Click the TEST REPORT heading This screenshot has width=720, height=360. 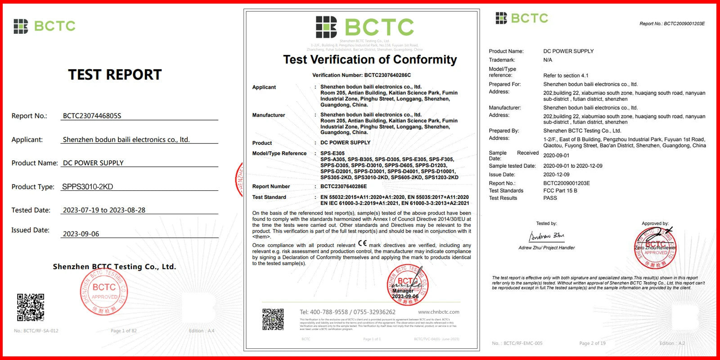[115, 75]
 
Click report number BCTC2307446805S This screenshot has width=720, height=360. [92, 116]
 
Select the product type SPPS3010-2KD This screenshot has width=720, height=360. [87, 187]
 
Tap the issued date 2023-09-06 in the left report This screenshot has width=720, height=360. [81, 234]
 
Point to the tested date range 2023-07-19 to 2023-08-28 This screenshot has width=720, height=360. [104, 210]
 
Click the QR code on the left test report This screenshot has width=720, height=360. [31, 307]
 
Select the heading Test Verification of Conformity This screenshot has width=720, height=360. [369, 60]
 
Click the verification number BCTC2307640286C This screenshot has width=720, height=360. [387, 75]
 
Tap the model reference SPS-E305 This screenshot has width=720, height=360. [333, 153]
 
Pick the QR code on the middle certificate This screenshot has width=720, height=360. [273, 319]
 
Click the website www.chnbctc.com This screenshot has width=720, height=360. [438, 312]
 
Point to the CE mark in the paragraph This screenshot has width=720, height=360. [362, 243]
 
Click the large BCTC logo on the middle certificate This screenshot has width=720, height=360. [364, 27]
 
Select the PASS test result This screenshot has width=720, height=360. [550, 198]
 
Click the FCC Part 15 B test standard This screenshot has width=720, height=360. [560, 191]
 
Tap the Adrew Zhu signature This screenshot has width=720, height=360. [546, 236]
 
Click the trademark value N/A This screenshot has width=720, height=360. [548, 60]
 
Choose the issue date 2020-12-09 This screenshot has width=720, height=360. [556, 175]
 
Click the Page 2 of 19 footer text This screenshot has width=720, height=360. [592, 343]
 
